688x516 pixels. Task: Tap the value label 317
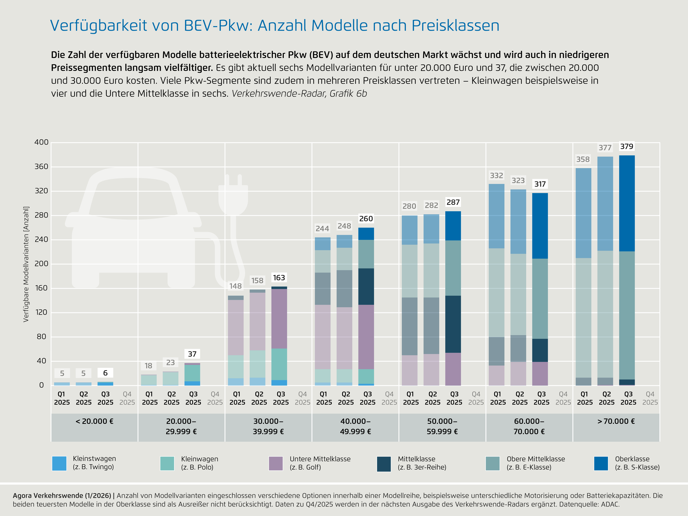pyautogui.click(x=540, y=184)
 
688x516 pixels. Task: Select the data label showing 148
pyautogui.click(x=235, y=286)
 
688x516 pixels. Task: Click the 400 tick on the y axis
pyautogui.click(x=41, y=142)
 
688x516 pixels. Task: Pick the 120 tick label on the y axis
pyautogui.click(x=41, y=312)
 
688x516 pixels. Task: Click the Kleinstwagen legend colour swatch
pyautogui.click(x=59, y=463)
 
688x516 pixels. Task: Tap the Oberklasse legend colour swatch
pyautogui.click(x=601, y=463)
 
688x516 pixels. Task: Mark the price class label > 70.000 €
pyautogui.click(x=616, y=421)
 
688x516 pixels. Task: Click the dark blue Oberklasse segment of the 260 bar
pyautogui.click(x=366, y=234)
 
